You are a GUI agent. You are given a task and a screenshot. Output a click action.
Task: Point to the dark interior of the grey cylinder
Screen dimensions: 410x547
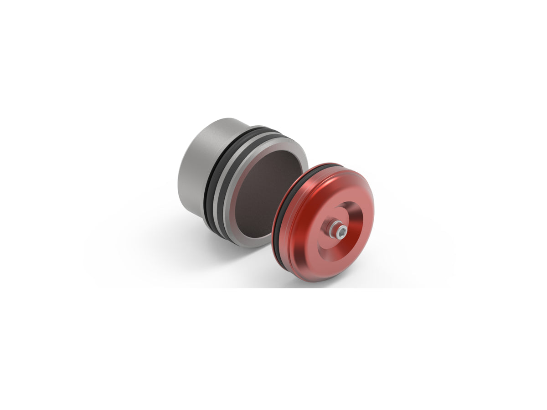tap(264, 191)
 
